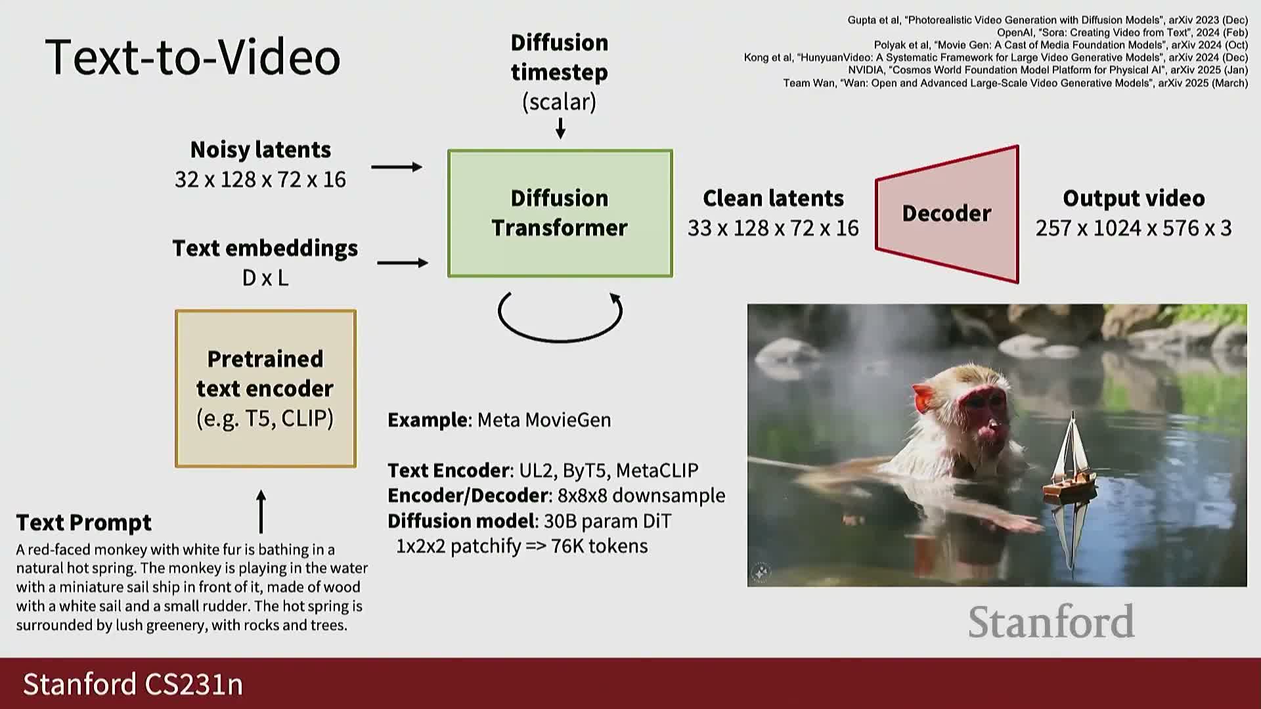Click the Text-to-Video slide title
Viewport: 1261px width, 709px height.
click(x=192, y=57)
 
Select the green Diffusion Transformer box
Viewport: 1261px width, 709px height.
click(x=560, y=213)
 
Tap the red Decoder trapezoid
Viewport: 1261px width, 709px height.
click(x=947, y=214)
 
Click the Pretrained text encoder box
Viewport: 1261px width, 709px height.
click(x=265, y=389)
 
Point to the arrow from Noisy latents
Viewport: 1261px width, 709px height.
click(x=397, y=167)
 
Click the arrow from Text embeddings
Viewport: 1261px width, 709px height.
click(x=403, y=263)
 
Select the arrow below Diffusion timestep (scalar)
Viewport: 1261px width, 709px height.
click(x=560, y=129)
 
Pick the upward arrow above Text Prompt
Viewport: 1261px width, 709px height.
click(x=261, y=511)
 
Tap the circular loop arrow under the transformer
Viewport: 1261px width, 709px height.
click(x=560, y=340)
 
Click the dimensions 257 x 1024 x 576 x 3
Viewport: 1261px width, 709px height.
click(x=1134, y=228)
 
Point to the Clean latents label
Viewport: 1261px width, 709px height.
click(x=773, y=198)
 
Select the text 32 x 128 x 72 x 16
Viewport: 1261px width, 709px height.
click(x=260, y=179)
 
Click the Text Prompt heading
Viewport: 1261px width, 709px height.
click(x=84, y=523)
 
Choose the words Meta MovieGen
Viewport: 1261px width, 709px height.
click(x=544, y=420)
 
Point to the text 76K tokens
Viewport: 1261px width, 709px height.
click(x=600, y=546)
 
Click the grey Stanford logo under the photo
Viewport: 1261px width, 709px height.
click(x=1051, y=622)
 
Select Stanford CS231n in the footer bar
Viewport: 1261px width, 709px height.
click(x=133, y=684)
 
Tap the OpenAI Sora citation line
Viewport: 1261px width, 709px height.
click(x=1122, y=32)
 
